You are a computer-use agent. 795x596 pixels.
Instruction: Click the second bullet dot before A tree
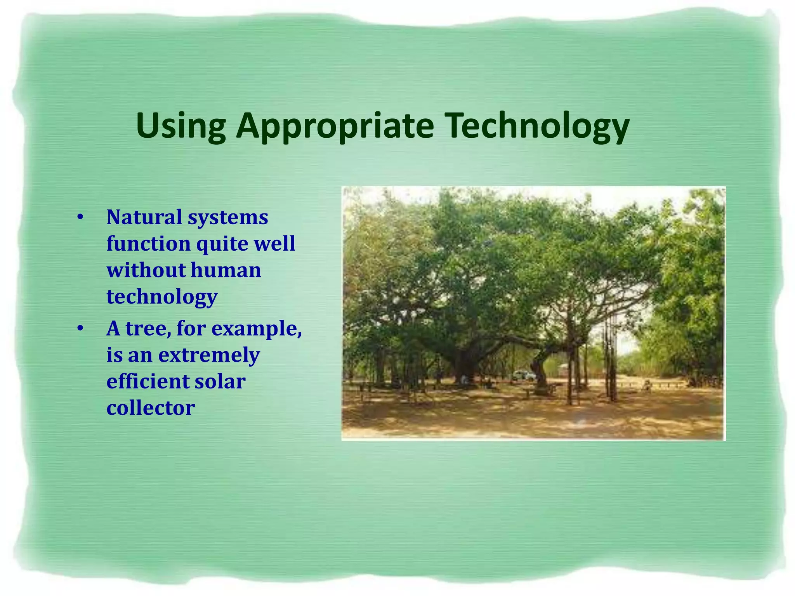click(x=80, y=329)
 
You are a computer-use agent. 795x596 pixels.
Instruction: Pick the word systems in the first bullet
click(x=228, y=217)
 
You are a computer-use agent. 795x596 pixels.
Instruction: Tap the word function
click(x=148, y=244)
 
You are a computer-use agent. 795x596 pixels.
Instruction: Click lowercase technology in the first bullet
click(x=162, y=297)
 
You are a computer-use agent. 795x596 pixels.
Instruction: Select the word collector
click(x=151, y=408)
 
